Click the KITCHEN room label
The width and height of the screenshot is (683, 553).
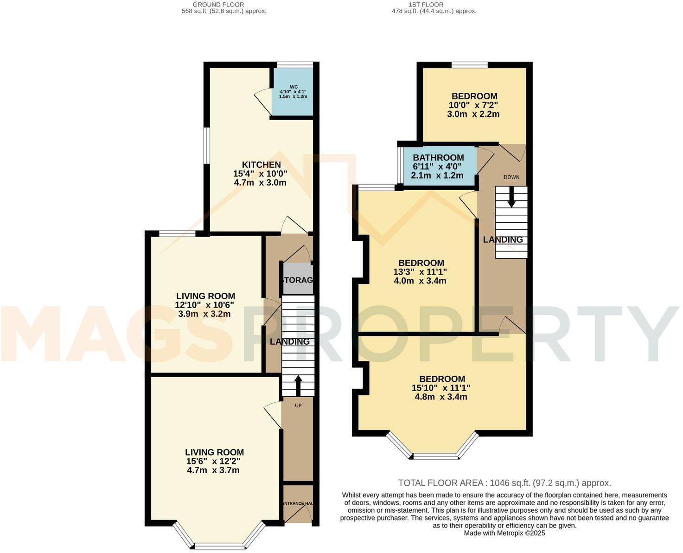pos(261,165)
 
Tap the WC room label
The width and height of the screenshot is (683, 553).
pos(294,87)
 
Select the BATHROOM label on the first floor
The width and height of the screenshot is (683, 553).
pos(438,158)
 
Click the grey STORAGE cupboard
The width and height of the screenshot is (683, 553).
pos(298,280)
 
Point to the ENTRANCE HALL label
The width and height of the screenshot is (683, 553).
pos(298,503)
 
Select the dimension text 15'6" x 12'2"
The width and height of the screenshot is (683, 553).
pos(214,462)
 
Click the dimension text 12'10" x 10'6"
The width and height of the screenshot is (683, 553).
pos(205,305)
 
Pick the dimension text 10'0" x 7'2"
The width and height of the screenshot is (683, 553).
pos(473,105)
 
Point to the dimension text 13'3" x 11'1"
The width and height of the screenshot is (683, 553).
pos(420,272)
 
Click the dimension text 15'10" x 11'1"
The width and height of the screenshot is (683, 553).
pos(440,388)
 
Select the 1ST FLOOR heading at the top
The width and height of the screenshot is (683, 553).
pos(426,5)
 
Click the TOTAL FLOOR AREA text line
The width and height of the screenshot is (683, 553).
pos(504,483)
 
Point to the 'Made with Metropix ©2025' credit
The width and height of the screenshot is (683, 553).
pos(504,533)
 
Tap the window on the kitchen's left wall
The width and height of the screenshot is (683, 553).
pos(207,146)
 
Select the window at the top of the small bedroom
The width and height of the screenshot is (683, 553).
pos(469,65)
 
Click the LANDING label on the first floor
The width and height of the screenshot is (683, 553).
pos(503,240)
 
